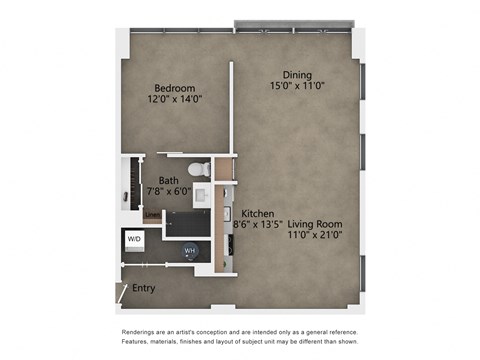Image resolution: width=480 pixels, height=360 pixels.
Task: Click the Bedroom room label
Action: [x=173, y=87]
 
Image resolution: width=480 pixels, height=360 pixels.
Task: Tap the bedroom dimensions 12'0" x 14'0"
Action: [x=173, y=98]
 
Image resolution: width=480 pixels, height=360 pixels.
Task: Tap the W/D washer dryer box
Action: [x=134, y=240]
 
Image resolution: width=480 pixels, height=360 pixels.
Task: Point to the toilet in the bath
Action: [x=198, y=167]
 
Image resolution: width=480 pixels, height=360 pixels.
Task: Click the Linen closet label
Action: [x=150, y=214]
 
